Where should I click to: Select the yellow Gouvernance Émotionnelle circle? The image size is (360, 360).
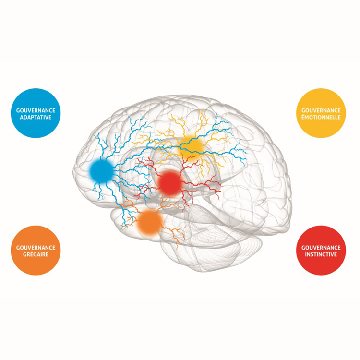[322, 113]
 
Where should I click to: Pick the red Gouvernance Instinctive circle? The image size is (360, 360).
[322, 250]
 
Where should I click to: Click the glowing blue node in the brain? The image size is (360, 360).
[101, 170]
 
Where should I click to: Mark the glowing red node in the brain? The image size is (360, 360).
[170, 183]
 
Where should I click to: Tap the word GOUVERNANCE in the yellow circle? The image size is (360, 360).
[322, 110]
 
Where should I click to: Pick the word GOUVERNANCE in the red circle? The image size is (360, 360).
[322, 247]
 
